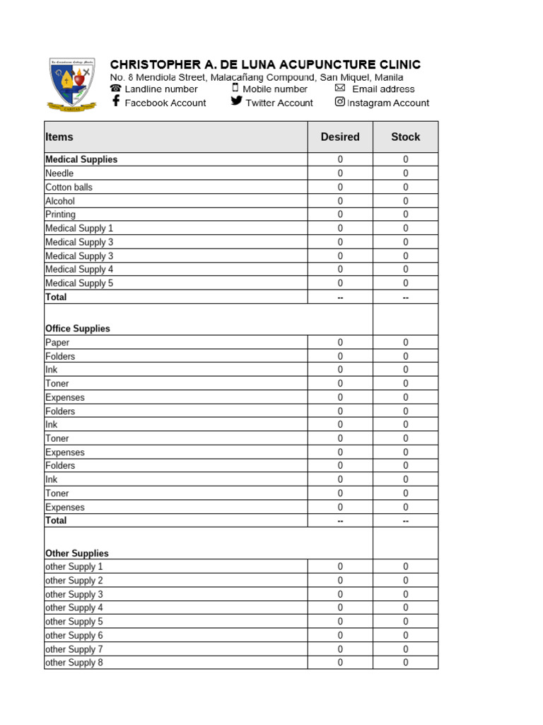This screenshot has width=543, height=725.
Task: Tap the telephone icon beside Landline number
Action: click(x=116, y=89)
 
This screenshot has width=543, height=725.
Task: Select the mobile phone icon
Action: click(x=235, y=88)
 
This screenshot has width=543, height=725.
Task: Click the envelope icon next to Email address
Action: click(x=340, y=88)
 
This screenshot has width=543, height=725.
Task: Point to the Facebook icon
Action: click(x=116, y=102)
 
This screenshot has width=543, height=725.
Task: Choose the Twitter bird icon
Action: click(x=236, y=101)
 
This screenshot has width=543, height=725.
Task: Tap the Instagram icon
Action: click(x=340, y=102)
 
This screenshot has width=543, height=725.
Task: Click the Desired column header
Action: click(x=340, y=137)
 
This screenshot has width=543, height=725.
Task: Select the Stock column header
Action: click(x=405, y=137)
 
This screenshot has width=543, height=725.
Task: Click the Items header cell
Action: click(x=59, y=137)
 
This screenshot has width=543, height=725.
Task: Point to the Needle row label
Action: click(x=59, y=173)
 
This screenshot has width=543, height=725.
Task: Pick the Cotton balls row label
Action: click(x=69, y=187)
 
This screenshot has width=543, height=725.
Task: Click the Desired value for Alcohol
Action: click(x=340, y=201)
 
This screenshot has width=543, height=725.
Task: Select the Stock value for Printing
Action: click(x=406, y=215)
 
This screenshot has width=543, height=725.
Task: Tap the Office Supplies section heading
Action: click(x=78, y=329)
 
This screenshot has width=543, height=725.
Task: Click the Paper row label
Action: click(x=57, y=343)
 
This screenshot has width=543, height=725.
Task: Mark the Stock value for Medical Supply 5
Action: click(x=406, y=283)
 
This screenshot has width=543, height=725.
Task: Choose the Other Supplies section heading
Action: click(x=77, y=553)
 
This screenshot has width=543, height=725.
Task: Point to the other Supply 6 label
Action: click(x=74, y=635)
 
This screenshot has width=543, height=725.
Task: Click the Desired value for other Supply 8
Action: click(x=340, y=663)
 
